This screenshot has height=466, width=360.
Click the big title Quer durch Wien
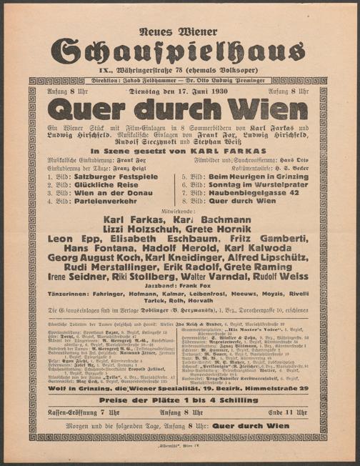pos(179,109)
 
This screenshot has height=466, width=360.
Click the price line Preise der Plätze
pos(180,400)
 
